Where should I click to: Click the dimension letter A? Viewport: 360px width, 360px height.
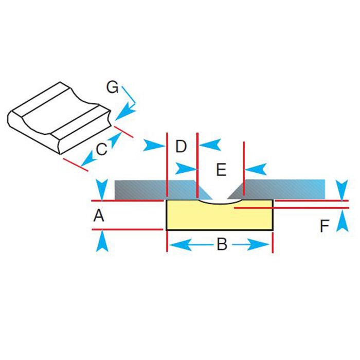point(99,216)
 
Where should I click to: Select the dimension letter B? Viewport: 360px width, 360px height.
point(222,244)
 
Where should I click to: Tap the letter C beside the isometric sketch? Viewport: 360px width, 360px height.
point(101,149)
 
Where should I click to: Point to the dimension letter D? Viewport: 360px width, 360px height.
point(181,146)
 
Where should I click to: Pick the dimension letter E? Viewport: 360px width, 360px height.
point(221,170)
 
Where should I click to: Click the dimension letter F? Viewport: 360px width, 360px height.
point(325,226)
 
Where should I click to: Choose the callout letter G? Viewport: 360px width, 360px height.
point(112,87)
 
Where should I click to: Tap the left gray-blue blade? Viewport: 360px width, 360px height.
point(160,190)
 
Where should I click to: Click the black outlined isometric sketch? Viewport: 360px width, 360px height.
point(60,118)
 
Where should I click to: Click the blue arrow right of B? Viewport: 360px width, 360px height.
point(251,245)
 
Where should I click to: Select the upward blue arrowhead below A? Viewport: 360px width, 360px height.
point(102,241)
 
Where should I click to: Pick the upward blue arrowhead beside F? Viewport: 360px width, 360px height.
point(343,221)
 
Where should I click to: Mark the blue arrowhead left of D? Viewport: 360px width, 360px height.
point(154,146)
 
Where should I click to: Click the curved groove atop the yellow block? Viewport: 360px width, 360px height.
point(220,203)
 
